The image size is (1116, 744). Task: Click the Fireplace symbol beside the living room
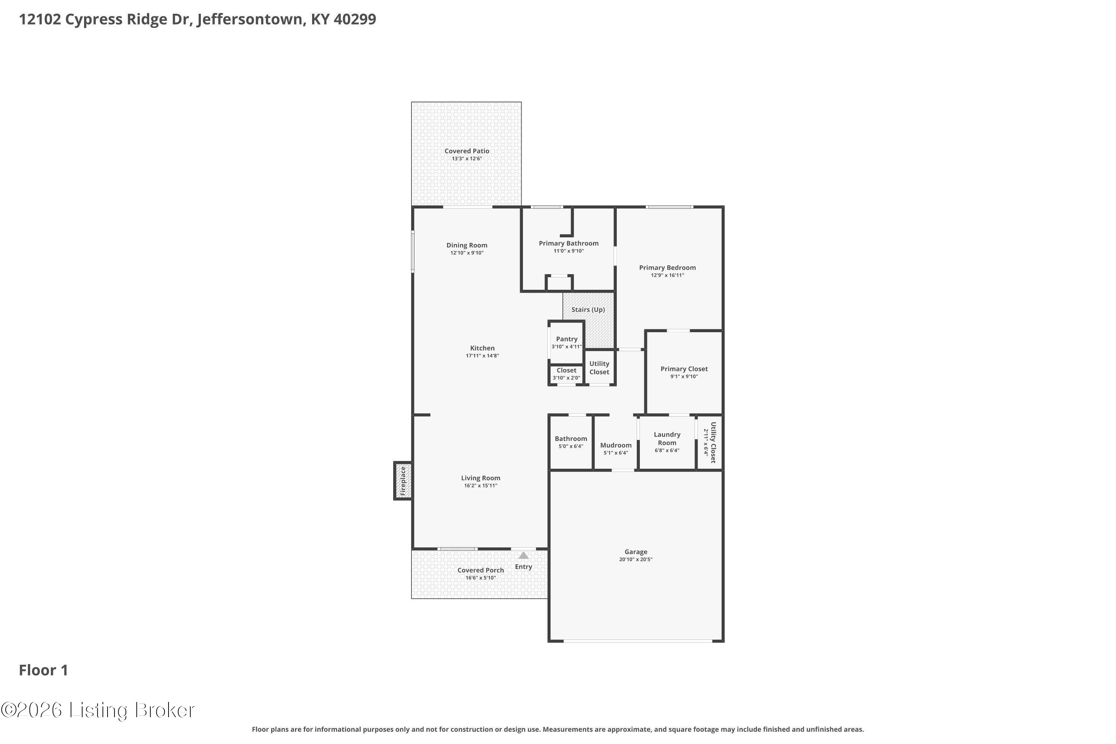coord(403,481)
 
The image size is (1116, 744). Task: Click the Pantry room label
coord(567,339)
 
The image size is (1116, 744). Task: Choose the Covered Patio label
coord(466,151)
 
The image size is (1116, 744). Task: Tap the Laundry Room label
coord(667,439)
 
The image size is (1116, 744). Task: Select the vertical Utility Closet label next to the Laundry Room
coord(713,442)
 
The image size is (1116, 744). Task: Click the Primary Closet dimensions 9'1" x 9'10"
coord(684,377)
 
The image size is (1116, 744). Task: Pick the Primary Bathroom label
coord(568,243)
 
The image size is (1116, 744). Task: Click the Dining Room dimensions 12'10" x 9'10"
coord(466,253)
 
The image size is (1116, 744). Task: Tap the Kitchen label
coord(482,348)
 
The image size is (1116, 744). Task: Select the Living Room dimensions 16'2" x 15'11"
coord(480,486)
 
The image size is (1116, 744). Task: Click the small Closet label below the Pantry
coord(566,370)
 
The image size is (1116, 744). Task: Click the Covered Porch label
coord(480,570)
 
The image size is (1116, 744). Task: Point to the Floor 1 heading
coord(43,670)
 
